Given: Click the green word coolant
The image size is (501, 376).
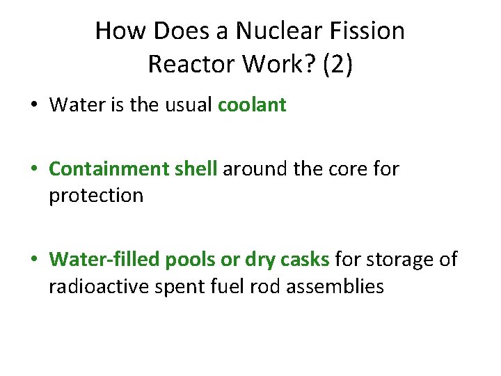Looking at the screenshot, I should (x=252, y=105).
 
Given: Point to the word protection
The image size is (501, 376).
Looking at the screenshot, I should (x=96, y=196).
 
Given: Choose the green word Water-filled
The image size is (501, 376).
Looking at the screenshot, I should (x=105, y=260).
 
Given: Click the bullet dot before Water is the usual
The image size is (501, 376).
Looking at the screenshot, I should (x=33, y=106).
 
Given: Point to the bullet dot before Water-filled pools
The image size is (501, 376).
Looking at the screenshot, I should (x=33, y=260).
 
